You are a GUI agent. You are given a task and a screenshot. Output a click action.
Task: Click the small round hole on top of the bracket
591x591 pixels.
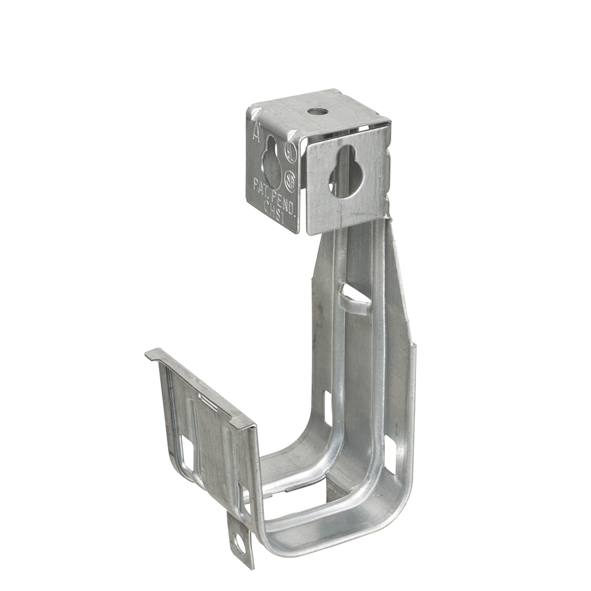point(317,111)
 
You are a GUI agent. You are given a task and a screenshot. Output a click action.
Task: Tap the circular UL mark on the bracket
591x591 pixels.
point(290,150)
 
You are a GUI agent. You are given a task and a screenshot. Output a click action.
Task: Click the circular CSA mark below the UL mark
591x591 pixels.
point(290,179)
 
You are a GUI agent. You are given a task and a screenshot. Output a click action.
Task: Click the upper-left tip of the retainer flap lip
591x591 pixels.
point(148,354)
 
